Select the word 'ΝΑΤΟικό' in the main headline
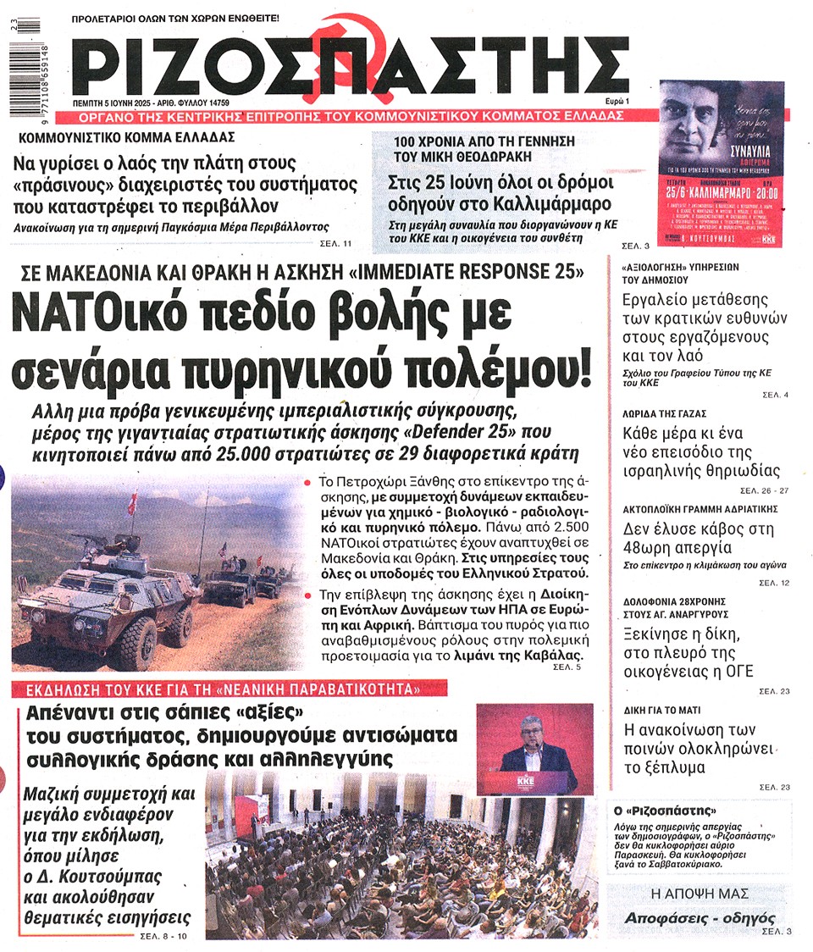tap(107, 317)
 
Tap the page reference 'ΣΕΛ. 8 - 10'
tap(163, 937)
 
